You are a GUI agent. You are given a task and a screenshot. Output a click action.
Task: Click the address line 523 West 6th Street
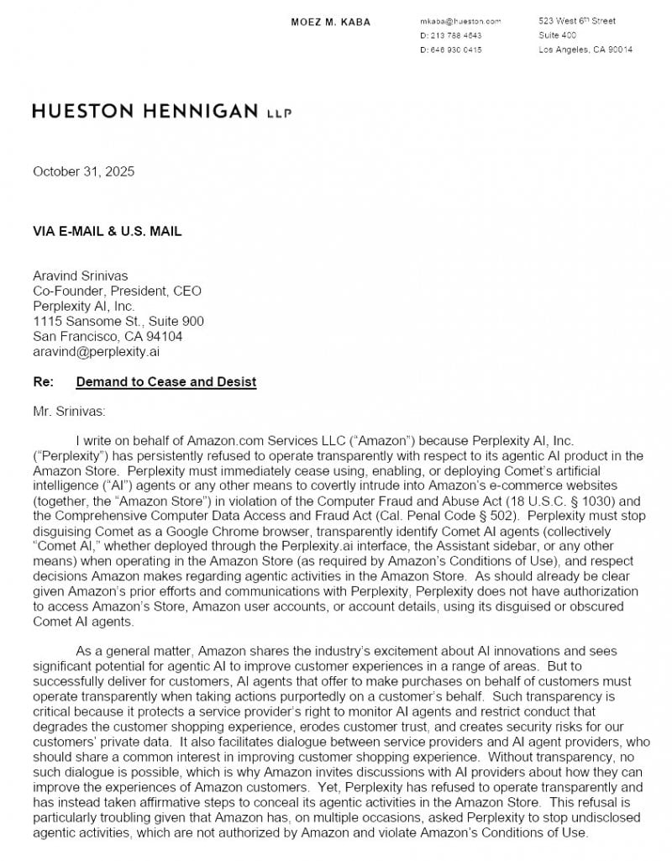tap(577, 21)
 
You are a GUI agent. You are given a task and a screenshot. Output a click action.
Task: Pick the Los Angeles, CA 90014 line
tap(585, 50)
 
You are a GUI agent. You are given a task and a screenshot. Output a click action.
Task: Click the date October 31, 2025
tap(83, 172)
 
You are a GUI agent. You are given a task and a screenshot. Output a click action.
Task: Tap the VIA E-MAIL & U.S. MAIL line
tap(107, 231)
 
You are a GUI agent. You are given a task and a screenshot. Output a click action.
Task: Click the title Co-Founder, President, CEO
tap(117, 291)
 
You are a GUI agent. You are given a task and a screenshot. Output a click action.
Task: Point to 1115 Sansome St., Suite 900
tap(118, 322)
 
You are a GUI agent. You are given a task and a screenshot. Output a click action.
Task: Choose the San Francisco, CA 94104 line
tap(108, 337)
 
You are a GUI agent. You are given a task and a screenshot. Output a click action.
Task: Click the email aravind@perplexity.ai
tap(97, 352)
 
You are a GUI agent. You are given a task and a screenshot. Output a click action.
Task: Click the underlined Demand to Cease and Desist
tap(165, 382)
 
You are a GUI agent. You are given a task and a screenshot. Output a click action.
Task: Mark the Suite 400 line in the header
tap(558, 35)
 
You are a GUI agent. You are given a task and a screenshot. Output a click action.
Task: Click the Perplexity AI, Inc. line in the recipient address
tap(84, 307)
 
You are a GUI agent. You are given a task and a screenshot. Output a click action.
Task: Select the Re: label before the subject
tap(43, 382)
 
